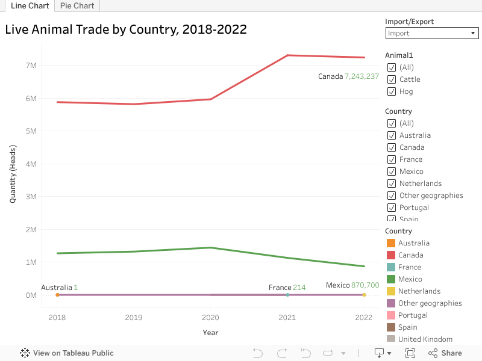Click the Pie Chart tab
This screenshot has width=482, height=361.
tap(77, 6)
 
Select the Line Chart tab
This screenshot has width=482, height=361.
tap(30, 6)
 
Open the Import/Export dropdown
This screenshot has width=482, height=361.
tap(431, 34)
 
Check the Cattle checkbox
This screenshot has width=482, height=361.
tap(392, 79)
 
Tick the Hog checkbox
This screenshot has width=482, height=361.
tap(392, 91)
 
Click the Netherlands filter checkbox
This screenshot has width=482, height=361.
tap(392, 184)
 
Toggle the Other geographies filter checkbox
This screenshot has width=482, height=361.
tap(392, 196)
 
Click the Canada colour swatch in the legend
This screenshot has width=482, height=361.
tap(390, 255)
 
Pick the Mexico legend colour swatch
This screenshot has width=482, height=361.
tap(390, 279)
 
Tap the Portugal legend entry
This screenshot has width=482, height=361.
tap(413, 315)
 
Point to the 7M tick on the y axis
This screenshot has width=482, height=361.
tap(30, 65)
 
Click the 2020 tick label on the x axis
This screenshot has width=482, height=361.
tap(210, 318)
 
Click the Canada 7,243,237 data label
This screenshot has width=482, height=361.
tap(348, 76)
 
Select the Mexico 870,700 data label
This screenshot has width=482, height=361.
tap(352, 285)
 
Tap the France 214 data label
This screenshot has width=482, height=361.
tap(287, 288)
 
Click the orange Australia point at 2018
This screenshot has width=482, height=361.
tap(57, 295)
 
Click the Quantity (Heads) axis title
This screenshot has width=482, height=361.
tap(13, 173)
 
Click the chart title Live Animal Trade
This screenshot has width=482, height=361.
tap(126, 29)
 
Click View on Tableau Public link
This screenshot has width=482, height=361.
tap(67, 353)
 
